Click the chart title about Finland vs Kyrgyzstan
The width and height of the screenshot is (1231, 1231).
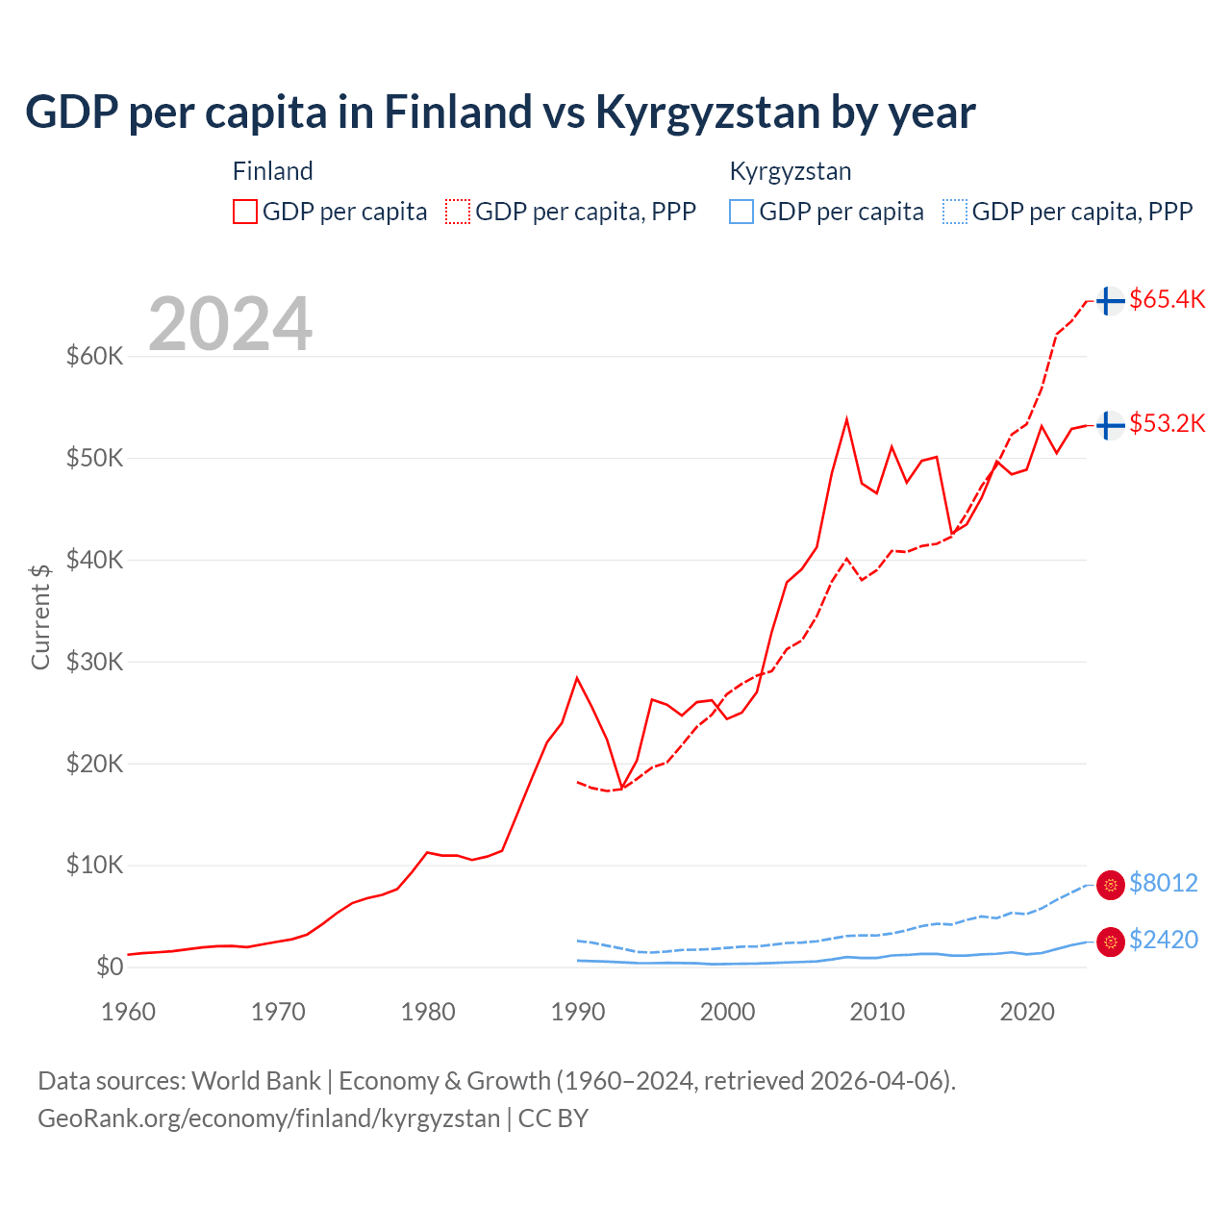(x=500, y=113)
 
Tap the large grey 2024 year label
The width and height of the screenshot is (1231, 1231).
(x=230, y=324)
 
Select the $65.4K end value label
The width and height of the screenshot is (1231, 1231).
(x=1167, y=300)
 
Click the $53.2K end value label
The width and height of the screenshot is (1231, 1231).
(x=1167, y=424)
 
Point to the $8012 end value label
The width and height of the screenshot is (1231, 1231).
(x=1163, y=883)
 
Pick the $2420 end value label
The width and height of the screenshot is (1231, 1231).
(x=1163, y=940)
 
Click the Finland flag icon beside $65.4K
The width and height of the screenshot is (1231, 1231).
(x=1111, y=301)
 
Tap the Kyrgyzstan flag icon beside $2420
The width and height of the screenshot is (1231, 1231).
(x=1111, y=942)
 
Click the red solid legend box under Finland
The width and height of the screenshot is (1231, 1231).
(x=245, y=212)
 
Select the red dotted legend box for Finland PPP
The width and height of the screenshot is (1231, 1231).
(x=458, y=212)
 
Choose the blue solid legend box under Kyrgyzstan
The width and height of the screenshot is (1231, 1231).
(x=741, y=212)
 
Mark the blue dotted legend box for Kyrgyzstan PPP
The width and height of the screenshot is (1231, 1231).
(x=955, y=212)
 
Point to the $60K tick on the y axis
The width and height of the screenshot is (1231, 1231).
(x=94, y=357)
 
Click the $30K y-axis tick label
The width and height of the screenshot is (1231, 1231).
(x=94, y=662)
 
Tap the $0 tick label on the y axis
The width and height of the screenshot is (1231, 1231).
(x=109, y=967)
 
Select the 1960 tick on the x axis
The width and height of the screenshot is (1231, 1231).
(x=128, y=1012)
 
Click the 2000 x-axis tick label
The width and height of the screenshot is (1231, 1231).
(x=727, y=1012)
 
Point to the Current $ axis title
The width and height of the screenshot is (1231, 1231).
(x=40, y=616)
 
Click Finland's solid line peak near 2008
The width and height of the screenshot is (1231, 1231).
(x=846, y=419)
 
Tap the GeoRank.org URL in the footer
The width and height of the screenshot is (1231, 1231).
(x=269, y=1118)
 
